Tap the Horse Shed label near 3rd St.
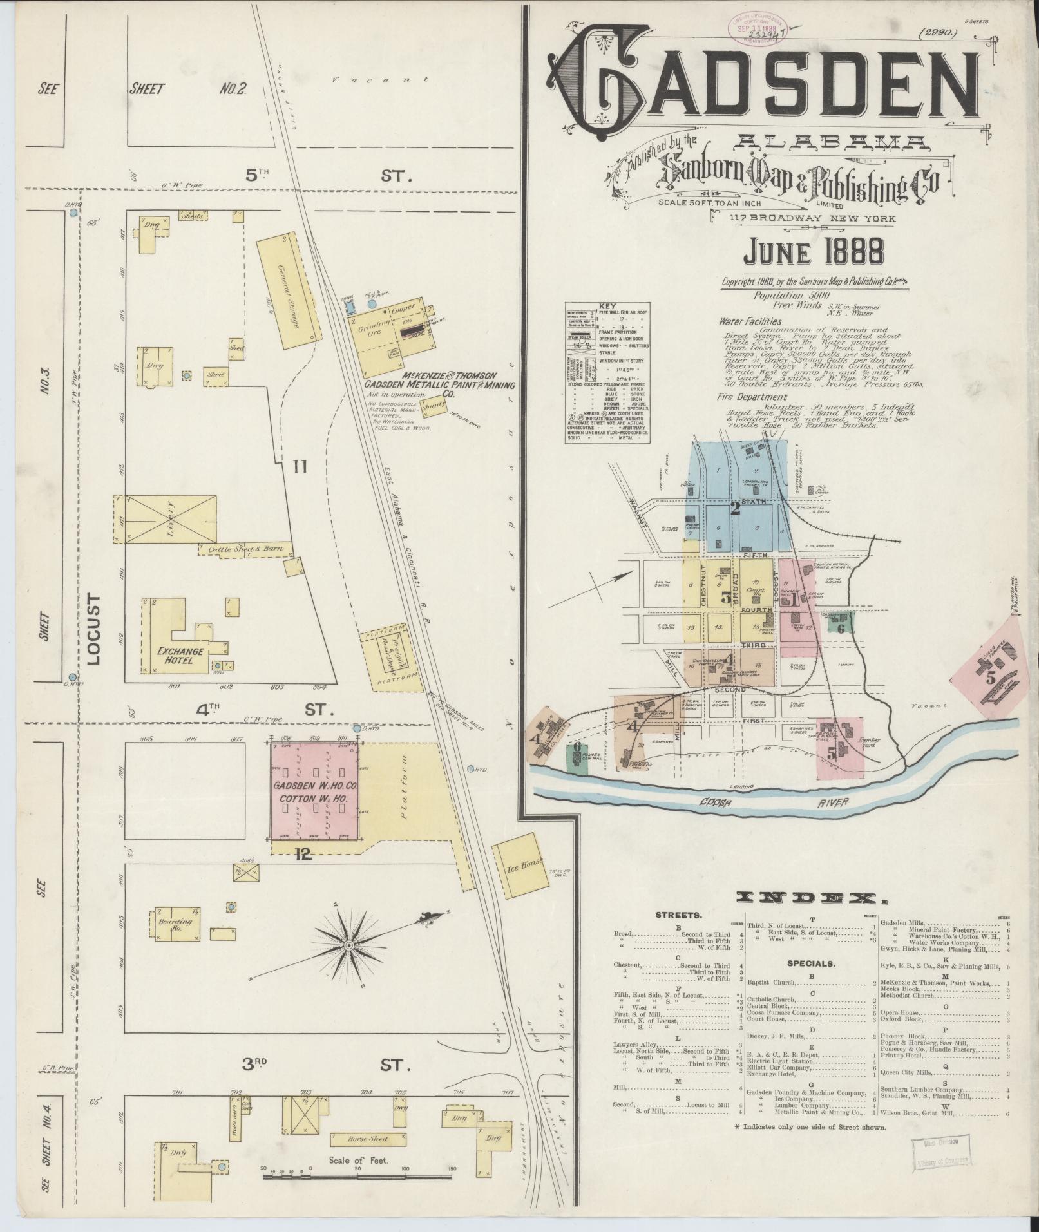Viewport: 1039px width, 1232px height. click(368, 1139)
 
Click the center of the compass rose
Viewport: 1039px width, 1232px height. click(348, 945)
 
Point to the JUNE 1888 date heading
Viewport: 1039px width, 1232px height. click(813, 252)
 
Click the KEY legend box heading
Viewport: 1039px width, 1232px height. click(607, 307)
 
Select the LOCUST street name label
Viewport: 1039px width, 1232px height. click(95, 630)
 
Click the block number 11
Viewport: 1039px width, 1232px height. click(298, 467)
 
